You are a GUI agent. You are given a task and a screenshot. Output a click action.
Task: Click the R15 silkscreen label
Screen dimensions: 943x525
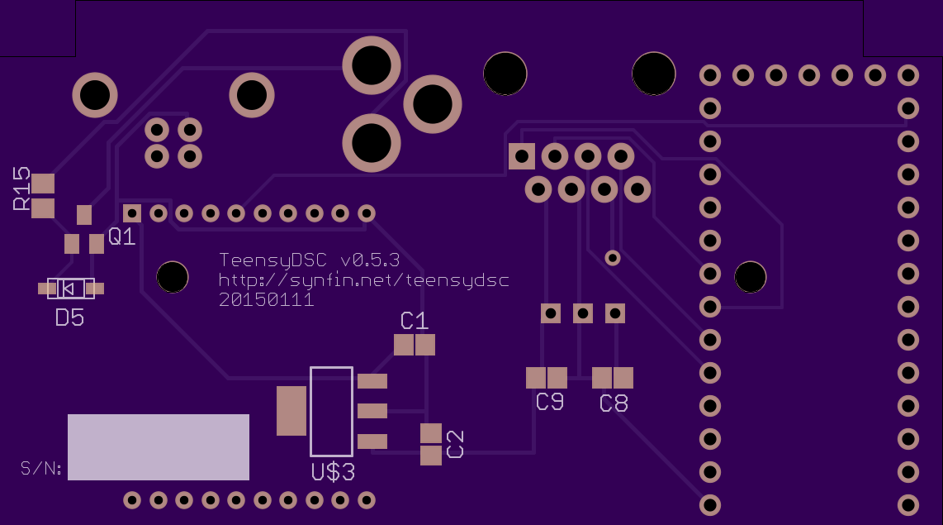pyautogui.click(x=21, y=189)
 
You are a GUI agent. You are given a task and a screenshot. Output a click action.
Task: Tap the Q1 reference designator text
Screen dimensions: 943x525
pyautogui.click(x=121, y=236)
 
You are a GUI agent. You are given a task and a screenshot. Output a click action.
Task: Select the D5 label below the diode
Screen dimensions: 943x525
pyautogui.click(x=69, y=317)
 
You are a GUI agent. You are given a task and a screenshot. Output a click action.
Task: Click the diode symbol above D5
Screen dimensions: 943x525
pyautogui.click(x=71, y=289)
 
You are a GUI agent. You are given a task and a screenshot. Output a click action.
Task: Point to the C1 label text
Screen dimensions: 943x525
pyautogui.click(x=415, y=321)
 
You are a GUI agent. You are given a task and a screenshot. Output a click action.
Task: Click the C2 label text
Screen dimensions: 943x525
pyautogui.click(x=455, y=444)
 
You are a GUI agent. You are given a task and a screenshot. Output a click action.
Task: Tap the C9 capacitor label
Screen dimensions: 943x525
pyautogui.click(x=550, y=402)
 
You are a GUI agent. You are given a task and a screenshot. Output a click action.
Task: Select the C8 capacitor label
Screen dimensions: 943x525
pyautogui.click(x=614, y=403)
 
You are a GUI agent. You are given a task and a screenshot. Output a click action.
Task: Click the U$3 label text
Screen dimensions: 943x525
pyautogui.click(x=333, y=472)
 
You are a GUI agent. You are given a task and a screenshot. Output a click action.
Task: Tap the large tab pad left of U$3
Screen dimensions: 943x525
pyautogui.click(x=291, y=411)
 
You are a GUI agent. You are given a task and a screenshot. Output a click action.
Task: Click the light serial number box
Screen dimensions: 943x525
pyautogui.click(x=159, y=446)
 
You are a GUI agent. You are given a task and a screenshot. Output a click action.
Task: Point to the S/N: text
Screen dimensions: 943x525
pyautogui.click(x=41, y=468)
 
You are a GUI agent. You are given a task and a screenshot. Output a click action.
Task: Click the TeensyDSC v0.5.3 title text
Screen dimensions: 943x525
pyautogui.click(x=309, y=260)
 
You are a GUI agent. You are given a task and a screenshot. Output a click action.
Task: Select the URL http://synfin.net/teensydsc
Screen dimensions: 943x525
pyautogui.click(x=364, y=280)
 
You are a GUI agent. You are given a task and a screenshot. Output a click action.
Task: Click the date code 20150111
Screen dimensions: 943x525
pyautogui.click(x=266, y=300)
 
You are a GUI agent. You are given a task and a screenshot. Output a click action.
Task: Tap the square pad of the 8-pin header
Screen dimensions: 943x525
pyautogui.click(x=521, y=156)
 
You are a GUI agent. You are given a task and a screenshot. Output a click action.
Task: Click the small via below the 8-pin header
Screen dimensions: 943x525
pyautogui.click(x=612, y=258)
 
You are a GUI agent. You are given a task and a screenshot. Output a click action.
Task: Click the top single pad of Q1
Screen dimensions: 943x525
pyautogui.click(x=84, y=214)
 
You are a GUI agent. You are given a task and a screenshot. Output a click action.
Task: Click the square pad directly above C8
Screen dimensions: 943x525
pyautogui.click(x=614, y=313)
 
